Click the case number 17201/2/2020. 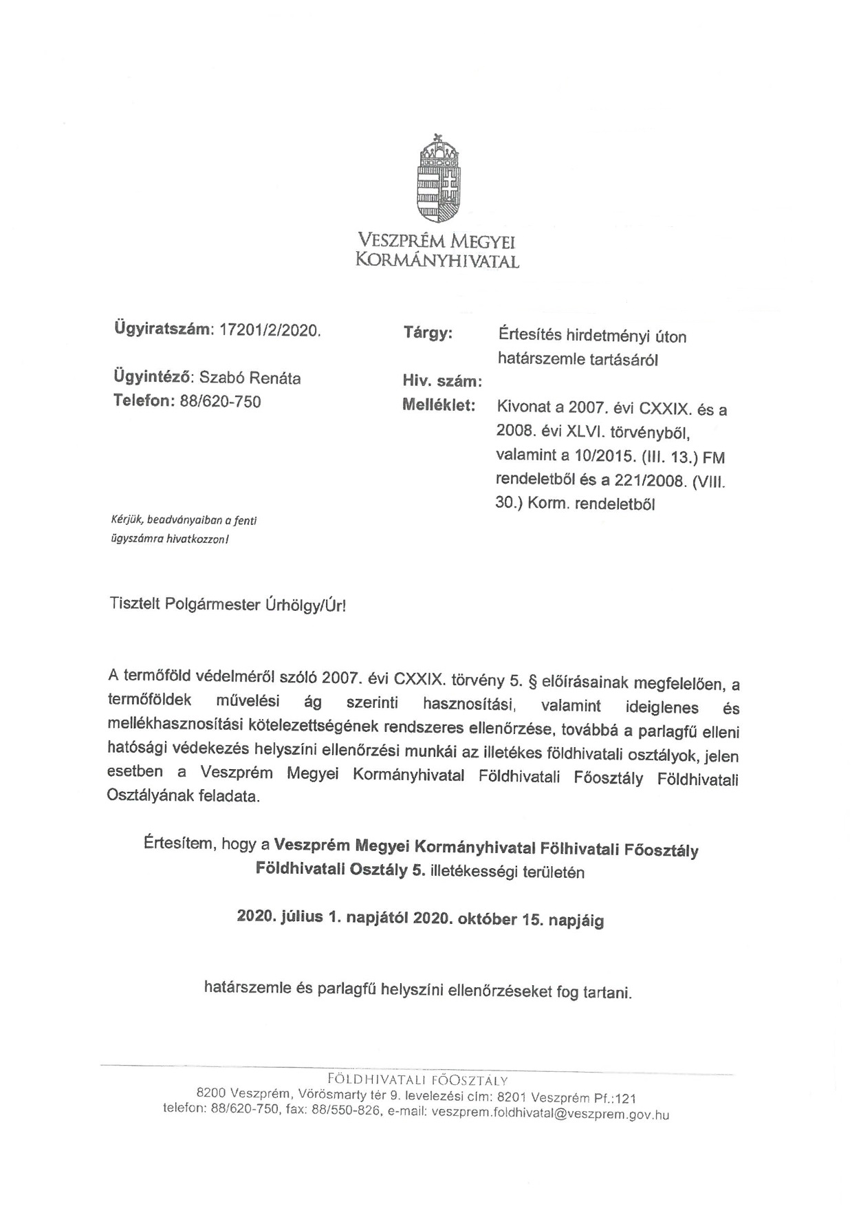[269, 331]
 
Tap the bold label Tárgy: [428, 334]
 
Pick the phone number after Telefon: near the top [220, 402]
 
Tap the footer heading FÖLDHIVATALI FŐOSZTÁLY [418, 1078]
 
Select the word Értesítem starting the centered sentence [179, 843]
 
